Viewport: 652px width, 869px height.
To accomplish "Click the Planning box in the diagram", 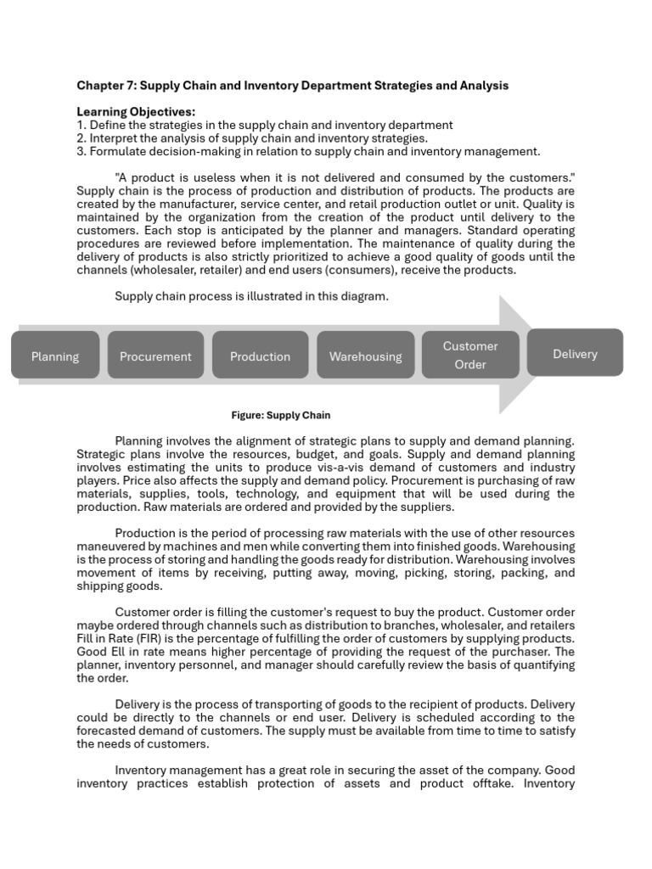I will pyautogui.click(x=55, y=356).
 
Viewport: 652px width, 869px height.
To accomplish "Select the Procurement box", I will pyautogui.click(x=155, y=356).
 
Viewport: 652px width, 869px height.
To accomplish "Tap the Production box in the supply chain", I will pyautogui.click(x=260, y=356).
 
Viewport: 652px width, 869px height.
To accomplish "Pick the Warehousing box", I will pyautogui.click(x=365, y=356).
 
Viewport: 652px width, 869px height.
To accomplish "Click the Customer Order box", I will pyautogui.click(x=470, y=355).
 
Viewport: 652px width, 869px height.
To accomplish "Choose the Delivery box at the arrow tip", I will pyautogui.click(x=575, y=353).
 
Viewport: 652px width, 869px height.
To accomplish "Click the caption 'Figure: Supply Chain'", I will pyautogui.click(x=281, y=415).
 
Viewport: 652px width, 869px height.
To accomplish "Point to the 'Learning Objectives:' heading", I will pyautogui.click(x=136, y=112).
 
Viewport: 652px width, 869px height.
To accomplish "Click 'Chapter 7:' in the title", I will pyautogui.click(x=106, y=85).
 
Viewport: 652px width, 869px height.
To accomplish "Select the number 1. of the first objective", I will pyautogui.click(x=81, y=125).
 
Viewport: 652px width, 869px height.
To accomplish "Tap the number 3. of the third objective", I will pyautogui.click(x=81, y=151).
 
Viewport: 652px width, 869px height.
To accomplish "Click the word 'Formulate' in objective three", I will pyautogui.click(x=118, y=151).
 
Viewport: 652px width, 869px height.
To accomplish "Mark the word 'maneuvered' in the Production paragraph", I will pyautogui.click(x=109, y=547).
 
